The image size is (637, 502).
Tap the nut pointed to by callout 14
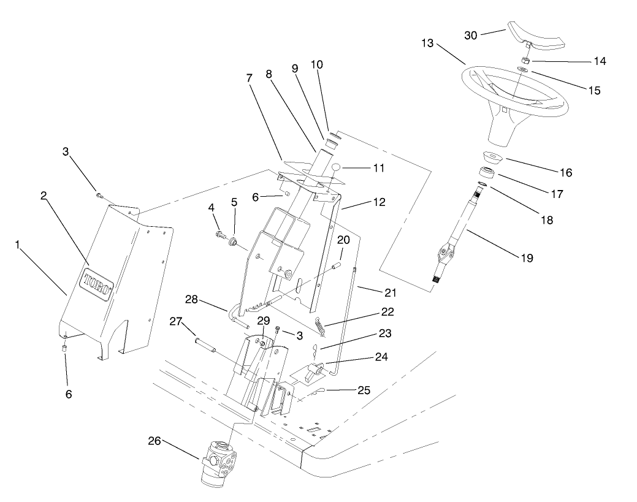coord(525,61)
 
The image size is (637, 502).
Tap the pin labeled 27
coord(205,345)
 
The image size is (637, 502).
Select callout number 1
coord(20,244)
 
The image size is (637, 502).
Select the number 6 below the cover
coord(68,394)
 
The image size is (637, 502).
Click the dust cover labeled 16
coord(492,158)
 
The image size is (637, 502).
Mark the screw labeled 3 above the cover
coord(99,196)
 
